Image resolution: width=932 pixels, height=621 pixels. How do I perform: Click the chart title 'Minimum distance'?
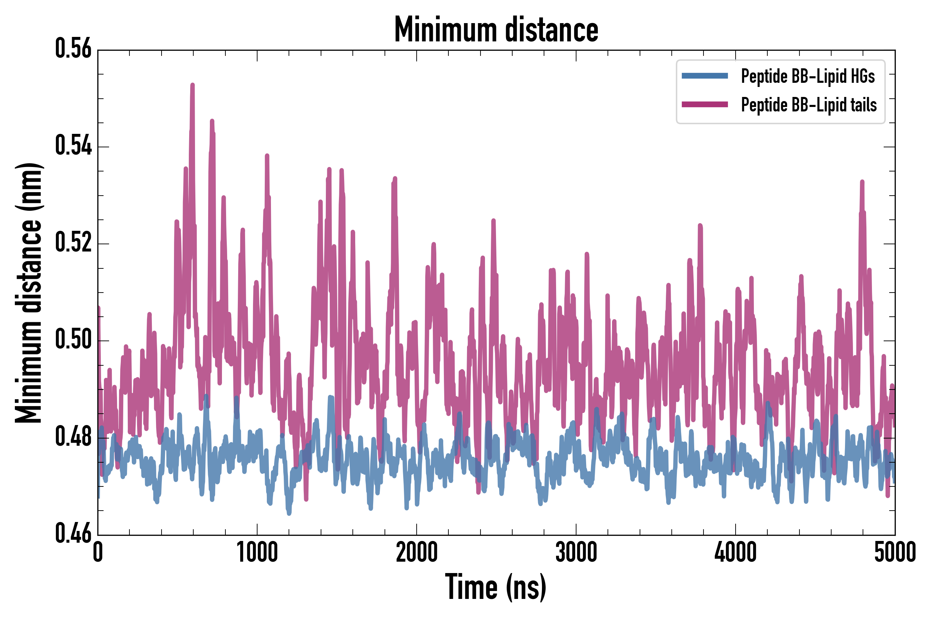[496, 30]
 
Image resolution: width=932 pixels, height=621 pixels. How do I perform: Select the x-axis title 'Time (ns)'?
[496, 587]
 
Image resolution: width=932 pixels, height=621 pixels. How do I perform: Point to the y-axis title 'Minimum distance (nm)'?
[29, 293]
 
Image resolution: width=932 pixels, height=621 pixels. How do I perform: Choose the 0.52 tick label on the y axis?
[73, 243]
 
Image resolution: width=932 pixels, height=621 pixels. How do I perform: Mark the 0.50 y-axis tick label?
[73, 340]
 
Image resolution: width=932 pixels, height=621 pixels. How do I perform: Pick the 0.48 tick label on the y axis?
[73, 437]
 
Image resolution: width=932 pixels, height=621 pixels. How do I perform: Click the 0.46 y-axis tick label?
[73, 534]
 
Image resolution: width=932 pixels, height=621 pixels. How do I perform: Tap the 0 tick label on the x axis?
[98, 552]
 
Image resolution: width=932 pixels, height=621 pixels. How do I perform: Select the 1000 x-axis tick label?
[257, 552]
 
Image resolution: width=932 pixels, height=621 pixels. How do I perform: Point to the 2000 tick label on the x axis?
[417, 552]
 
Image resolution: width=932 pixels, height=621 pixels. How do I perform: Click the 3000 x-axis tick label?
[576, 552]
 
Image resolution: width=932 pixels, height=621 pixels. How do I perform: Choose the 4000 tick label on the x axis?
[736, 552]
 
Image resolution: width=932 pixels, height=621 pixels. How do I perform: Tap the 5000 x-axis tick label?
[895, 552]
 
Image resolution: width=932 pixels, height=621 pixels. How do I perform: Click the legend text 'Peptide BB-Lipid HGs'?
[808, 76]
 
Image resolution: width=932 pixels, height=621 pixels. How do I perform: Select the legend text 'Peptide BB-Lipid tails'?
[809, 105]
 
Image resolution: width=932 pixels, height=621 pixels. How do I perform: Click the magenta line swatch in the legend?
[705, 105]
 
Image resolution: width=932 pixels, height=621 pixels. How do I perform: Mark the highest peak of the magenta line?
[193, 85]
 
